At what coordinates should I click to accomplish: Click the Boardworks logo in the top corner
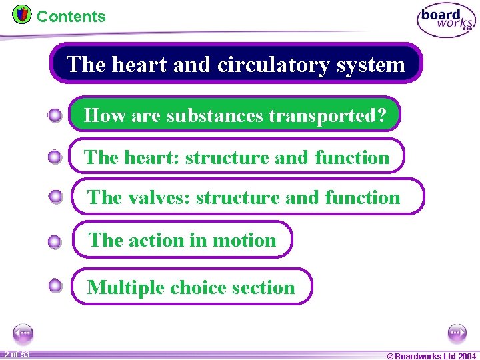(x=446, y=20)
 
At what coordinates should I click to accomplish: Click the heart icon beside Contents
(x=21, y=14)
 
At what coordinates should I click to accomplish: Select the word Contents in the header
(x=71, y=17)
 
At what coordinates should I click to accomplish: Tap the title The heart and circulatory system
(x=236, y=64)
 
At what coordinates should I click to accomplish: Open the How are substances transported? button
(x=235, y=115)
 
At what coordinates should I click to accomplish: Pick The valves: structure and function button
(x=247, y=197)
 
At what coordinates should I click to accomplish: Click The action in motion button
(x=182, y=239)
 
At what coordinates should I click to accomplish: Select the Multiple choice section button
(x=191, y=287)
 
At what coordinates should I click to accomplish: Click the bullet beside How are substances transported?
(x=55, y=116)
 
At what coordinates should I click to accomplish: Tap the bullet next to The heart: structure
(x=55, y=158)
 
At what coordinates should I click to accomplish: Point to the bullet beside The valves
(x=55, y=197)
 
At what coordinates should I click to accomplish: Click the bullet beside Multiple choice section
(x=55, y=287)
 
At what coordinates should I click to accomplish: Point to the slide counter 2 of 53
(x=17, y=354)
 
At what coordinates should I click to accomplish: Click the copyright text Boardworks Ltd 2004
(x=431, y=355)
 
